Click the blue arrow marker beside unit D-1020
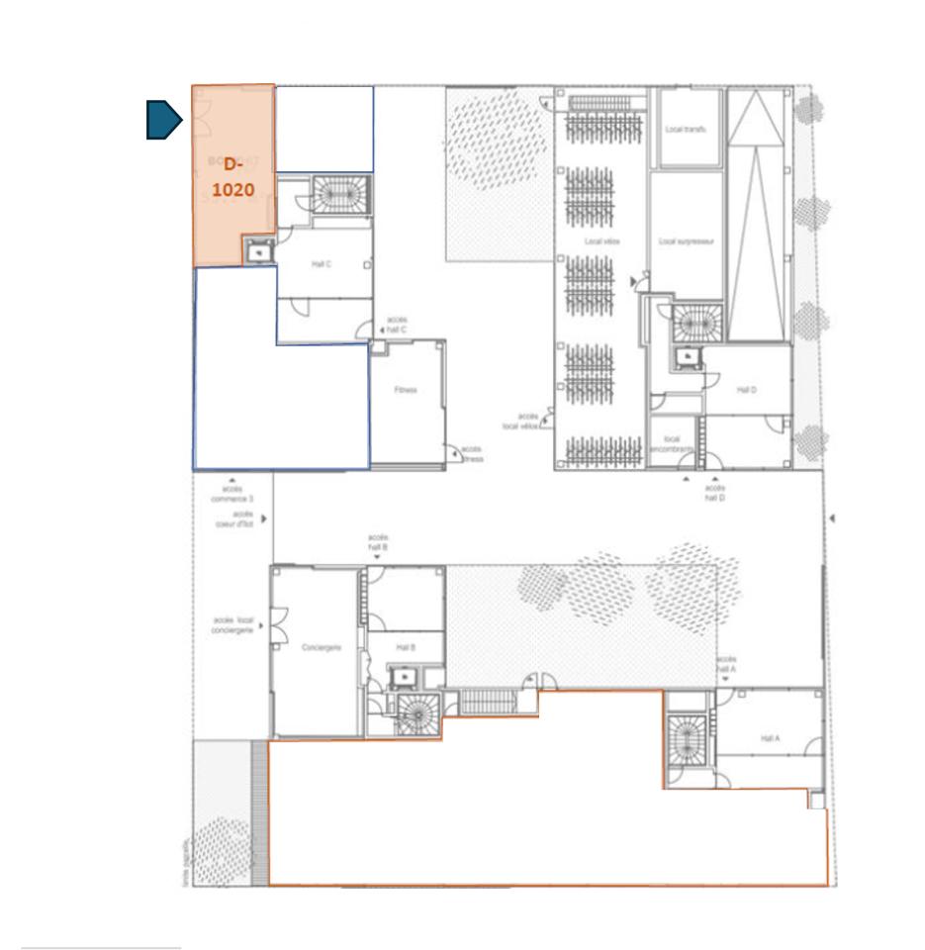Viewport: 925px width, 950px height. pyautogui.click(x=164, y=120)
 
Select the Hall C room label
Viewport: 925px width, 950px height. pyautogui.click(x=321, y=264)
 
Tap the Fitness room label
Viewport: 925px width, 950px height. pyautogui.click(x=406, y=390)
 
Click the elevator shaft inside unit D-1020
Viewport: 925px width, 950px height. pyautogui.click(x=257, y=252)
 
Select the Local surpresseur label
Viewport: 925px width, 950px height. pyautogui.click(x=687, y=240)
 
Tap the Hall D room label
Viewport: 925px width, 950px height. pyautogui.click(x=746, y=390)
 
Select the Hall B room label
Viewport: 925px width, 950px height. pyautogui.click(x=405, y=647)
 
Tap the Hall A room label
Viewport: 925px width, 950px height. pyautogui.click(x=771, y=738)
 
